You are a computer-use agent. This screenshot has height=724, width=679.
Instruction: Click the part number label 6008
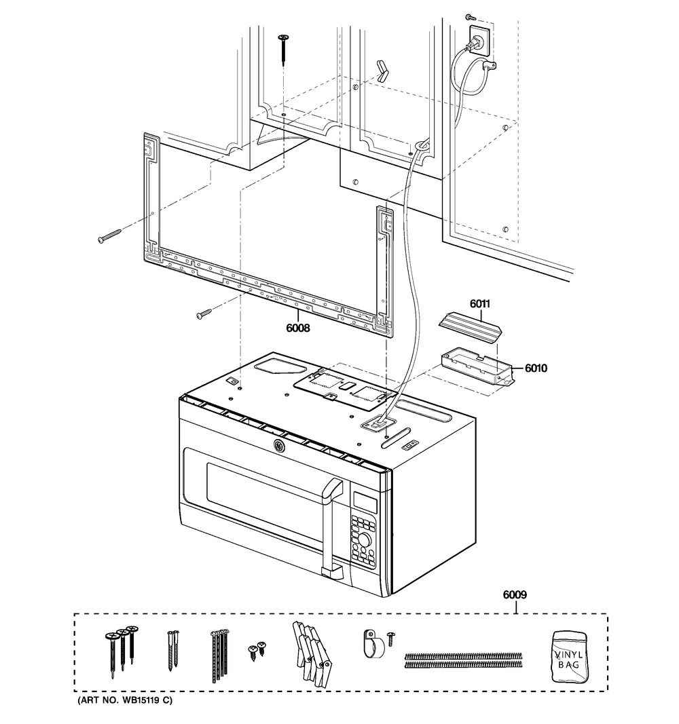tap(298, 328)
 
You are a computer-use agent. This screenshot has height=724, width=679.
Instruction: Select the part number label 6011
tap(480, 303)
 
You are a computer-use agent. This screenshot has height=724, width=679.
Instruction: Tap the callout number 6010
tap(536, 368)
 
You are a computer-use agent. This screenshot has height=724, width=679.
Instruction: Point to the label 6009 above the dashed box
tap(515, 594)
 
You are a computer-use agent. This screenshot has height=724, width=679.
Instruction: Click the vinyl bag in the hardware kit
tap(569, 656)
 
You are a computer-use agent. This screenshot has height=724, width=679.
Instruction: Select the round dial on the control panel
tap(365, 539)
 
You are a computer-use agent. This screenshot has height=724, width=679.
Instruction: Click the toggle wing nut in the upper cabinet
tap(383, 71)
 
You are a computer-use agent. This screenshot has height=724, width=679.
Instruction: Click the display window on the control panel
tap(365, 502)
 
